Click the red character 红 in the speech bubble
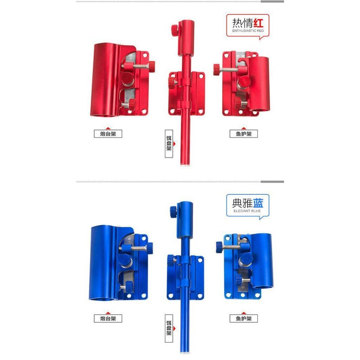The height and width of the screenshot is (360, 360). [258, 23]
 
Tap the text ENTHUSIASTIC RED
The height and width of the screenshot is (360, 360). [248, 31]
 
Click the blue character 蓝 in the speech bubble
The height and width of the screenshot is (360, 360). [258, 203]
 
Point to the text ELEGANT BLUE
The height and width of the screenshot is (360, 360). [247, 211]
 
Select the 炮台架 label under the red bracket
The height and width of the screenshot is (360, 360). [108, 134]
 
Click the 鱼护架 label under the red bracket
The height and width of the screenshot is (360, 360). [244, 134]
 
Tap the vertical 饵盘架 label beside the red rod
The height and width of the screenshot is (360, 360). [169, 144]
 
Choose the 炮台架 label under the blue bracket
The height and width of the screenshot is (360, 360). [108, 319]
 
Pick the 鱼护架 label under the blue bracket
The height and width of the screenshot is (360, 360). [244, 319]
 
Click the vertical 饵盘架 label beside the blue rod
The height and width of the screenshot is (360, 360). [169, 329]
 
